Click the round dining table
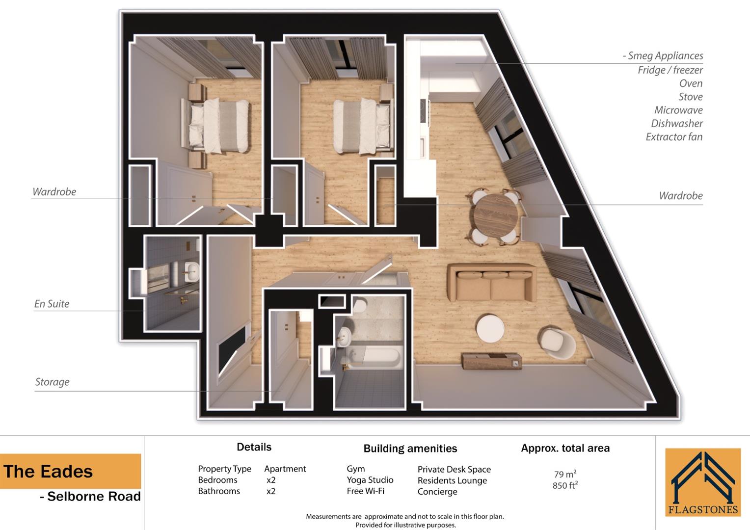[x=496, y=216]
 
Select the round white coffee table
[x=490, y=328]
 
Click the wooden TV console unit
[x=491, y=361]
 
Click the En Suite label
[x=52, y=304]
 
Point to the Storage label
[x=52, y=382]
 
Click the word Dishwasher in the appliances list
[x=676, y=124]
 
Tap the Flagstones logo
[x=703, y=482]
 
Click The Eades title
[x=48, y=472]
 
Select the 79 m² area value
[x=565, y=474]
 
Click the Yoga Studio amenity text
[x=370, y=480]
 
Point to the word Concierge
[x=437, y=492]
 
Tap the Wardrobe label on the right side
[x=680, y=196]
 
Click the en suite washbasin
[x=191, y=270]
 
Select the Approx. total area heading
[x=565, y=448]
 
